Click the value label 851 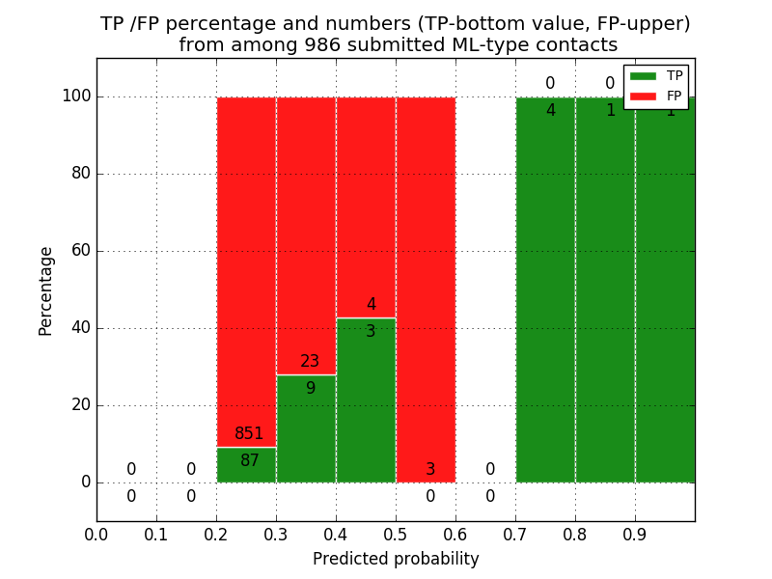pyautogui.click(x=249, y=434)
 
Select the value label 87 pyautogui.click(x=249, y=461)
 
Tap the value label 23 pyautogui.click(x=310, y=362)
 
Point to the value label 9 pyautogui.click(x=310, y=389)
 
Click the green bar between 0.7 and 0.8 pyautogui.click(x=545, y=289)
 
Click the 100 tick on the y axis pyautogui.click(x=76, y=96)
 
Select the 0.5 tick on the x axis pyautogui.click(x=396, y=534)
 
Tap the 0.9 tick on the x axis pyautogui.click(x=635, y=534)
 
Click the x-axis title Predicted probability pyautogui.click(x=396, y=559)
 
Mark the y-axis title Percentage pyautogui.click(x=46, y=290)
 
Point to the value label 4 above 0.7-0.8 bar pyautogui.click(x=550, y=111)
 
